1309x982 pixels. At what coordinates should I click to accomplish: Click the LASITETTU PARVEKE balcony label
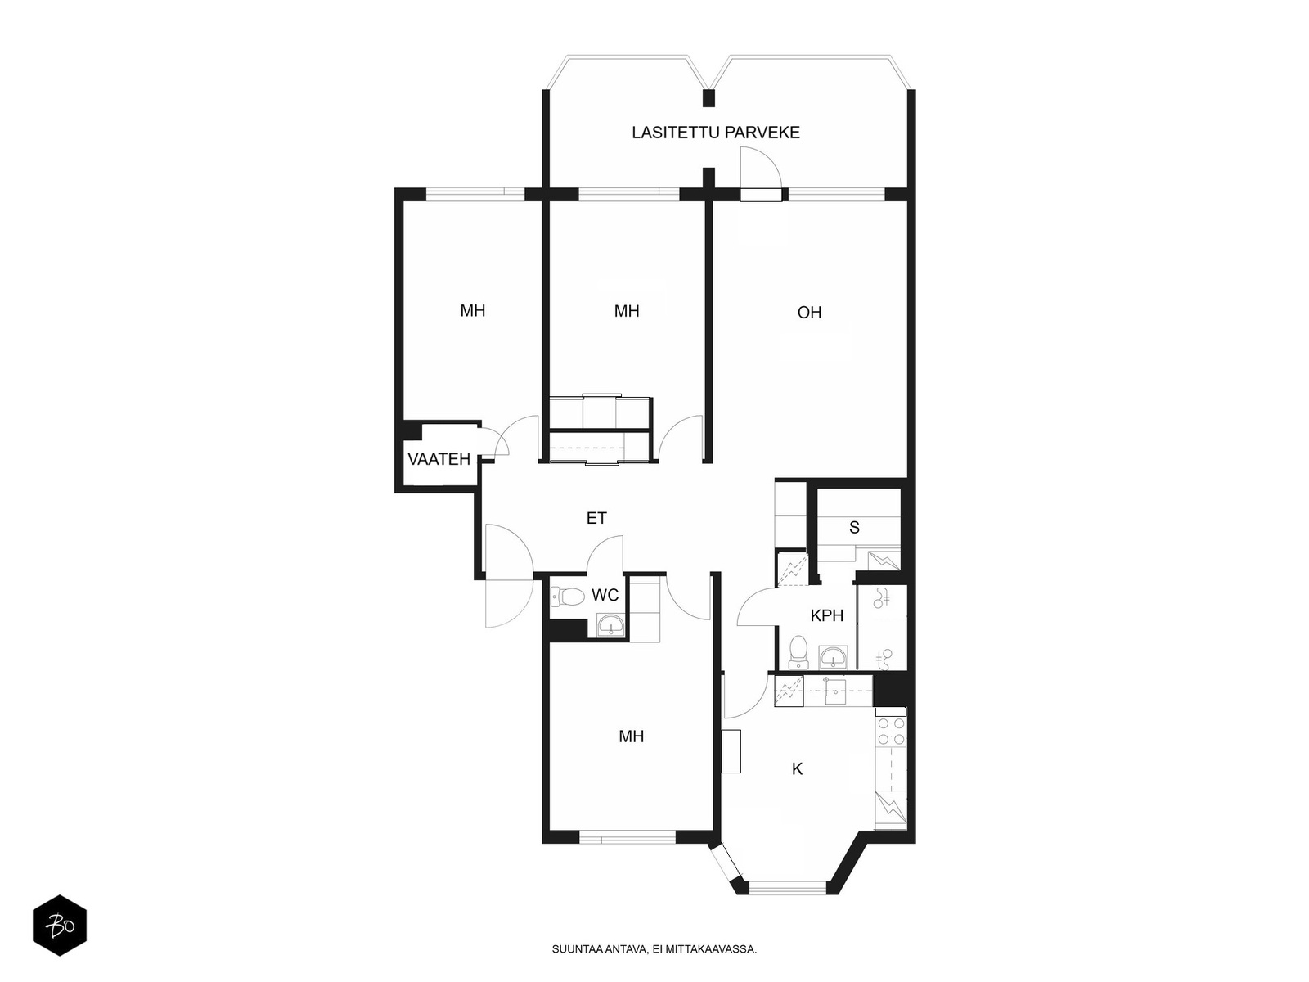(x=715, y=133)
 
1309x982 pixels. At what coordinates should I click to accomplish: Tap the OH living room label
(x=809, y=313)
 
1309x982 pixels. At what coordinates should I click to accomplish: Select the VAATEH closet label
(x=439, y=459)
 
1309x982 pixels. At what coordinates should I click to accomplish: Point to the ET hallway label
(x=596, y=518)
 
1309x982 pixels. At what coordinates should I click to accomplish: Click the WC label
(x=605, y=594)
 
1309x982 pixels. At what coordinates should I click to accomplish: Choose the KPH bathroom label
(x=826, y=616)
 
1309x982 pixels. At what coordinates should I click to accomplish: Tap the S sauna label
(x=854, y=527)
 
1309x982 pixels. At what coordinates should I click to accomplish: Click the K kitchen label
(x=797, y=769)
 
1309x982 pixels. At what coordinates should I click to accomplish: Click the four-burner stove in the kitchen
(x=891, y=732)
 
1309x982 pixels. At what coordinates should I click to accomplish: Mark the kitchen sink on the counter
(x=838, y=691)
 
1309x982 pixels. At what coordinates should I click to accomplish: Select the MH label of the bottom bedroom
(x=631, y=736)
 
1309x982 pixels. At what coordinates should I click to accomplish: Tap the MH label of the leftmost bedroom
(x=472, y=311)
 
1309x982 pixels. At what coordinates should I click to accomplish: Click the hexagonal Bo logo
(x=60, y=926)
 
